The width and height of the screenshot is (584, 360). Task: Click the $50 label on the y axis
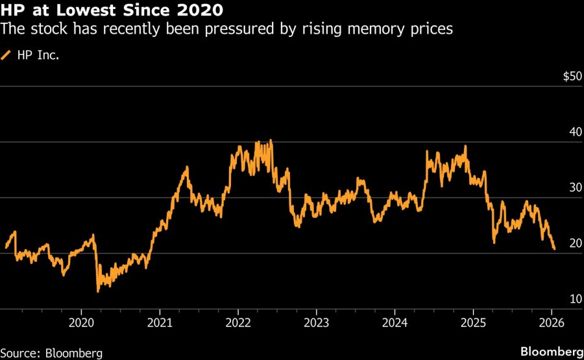[x=572, y=77]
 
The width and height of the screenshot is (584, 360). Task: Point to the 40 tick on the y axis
[x=574, y=132]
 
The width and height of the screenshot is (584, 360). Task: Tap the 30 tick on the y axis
[x=574, y=187]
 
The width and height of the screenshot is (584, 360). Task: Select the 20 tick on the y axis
[x=574, y=243]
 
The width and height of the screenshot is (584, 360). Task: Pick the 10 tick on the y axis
[x=574, y=299]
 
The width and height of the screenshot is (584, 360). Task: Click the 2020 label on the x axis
[x=81, y=322]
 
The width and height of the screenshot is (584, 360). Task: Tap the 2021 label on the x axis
[x=160, y=322]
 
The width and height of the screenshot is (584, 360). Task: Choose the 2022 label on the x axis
[x=238, y=322]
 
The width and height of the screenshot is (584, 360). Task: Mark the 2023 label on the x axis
[x=317, y=322]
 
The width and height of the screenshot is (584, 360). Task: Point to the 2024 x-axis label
[x=395, y=322]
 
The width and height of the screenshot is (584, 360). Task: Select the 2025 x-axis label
[x=474, y=322]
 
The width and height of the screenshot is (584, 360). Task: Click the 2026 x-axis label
[x=552, y=322]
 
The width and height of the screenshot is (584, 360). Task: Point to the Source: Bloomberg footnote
[x=52, y=353]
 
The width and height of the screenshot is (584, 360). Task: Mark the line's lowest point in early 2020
[x=98, y=291]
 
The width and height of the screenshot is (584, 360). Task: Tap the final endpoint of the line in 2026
[x=554, y=249]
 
